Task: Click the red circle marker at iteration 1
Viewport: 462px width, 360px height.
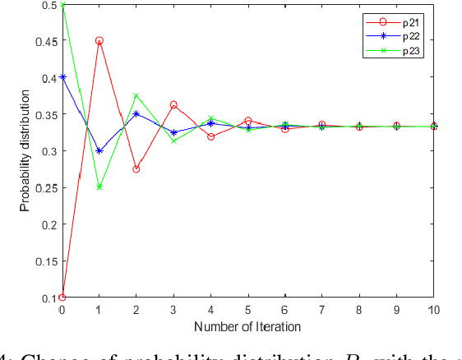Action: click(x=99, y=40)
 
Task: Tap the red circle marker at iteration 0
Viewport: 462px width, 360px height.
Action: click(x=62, y=298)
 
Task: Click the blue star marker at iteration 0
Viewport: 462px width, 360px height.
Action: click(x=62, y=77)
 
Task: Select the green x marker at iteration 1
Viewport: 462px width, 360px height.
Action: click(x=99, y=187)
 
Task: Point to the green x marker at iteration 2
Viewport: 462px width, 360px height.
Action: click(x=136, y=96)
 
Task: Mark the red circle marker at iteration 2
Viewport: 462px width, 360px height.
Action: click(x=136, y=169)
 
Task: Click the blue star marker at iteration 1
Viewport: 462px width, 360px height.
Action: click(x=99, y=150)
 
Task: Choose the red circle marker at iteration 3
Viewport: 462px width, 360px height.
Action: click(x=173, y=104)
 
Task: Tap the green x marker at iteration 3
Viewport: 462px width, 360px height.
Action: click(x=173, y=141)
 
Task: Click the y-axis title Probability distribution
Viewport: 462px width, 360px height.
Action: click(x=25, y=151)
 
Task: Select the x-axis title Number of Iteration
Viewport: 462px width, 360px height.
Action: click(x=247, y=326)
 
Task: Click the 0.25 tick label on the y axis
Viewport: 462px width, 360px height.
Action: click(x=46, y=187)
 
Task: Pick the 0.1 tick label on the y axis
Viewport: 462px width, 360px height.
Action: click(x=49, y=298)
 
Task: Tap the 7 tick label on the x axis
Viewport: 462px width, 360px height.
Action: click(x=322, y=310)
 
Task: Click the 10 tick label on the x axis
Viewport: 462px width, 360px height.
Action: click(x=433, y=310)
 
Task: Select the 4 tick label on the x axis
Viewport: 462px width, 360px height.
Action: click(x=211, y=310)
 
